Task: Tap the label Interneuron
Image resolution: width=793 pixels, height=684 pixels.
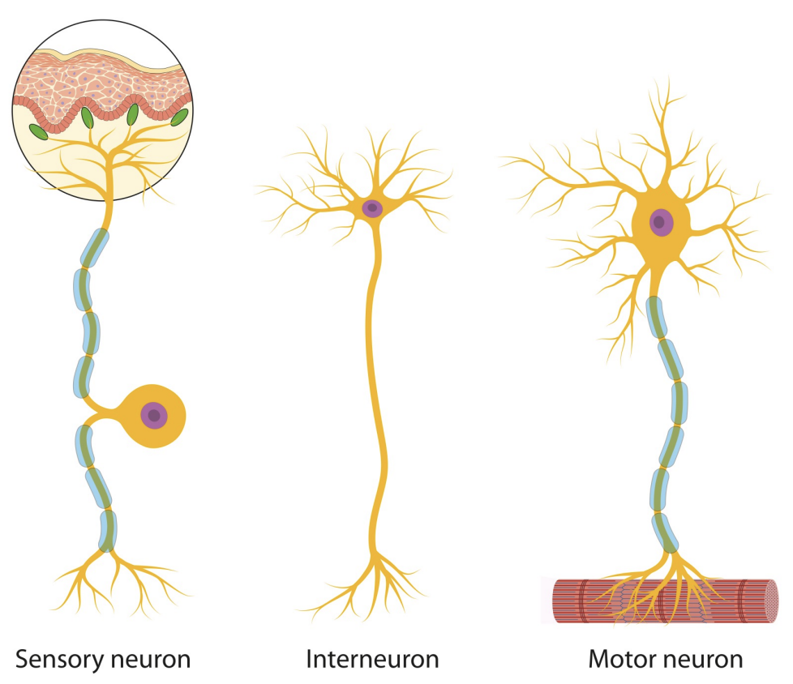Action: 372,659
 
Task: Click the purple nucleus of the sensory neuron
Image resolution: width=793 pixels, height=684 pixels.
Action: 153,416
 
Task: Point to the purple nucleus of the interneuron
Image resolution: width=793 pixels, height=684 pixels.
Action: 372,208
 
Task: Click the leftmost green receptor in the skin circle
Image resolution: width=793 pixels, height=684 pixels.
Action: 38,130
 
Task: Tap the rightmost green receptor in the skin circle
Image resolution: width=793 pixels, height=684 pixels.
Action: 179,118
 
